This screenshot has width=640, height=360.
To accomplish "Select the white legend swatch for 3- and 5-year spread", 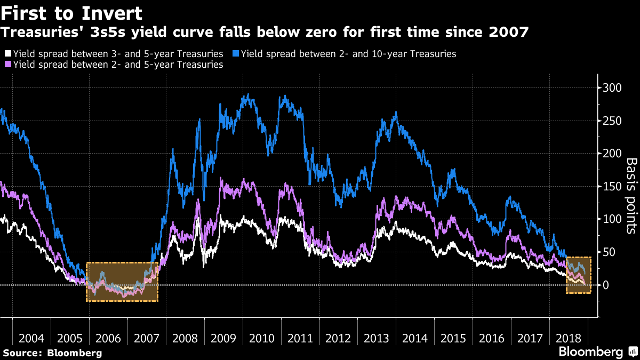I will coord(7,54).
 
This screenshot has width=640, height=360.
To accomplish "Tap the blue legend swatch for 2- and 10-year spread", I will coord(235,54).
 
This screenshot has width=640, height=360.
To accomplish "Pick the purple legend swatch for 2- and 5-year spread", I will coord(7,65).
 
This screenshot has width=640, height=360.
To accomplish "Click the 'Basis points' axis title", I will coord(631,196).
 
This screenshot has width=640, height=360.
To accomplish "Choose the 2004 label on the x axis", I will coord(31,339).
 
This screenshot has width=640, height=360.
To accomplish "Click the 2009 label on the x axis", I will coord(223,339).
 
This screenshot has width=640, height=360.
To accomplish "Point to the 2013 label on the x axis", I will coord(377,339).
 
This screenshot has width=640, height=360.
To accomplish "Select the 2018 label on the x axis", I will coord(568,339).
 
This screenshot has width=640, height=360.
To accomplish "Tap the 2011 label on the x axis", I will coord(300,339).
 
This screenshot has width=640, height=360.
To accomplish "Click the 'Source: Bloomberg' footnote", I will coord(52,353).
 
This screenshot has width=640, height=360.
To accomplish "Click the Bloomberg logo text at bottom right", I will coord(590,352).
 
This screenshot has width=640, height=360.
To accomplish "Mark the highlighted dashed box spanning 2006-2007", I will coord(122,282).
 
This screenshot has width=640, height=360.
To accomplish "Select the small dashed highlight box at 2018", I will coord(579,275).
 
